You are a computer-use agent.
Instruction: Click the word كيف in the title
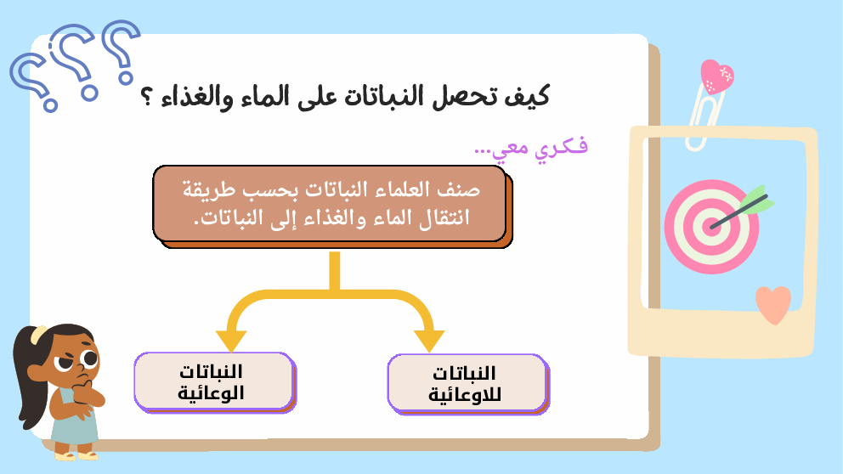tap(527, 97)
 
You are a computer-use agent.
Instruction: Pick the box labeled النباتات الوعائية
tap(214, 382)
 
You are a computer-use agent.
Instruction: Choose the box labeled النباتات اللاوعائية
tap(468, 384)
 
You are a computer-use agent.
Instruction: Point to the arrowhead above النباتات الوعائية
tap(231, 341)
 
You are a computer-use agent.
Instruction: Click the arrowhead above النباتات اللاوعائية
tap(429, 341)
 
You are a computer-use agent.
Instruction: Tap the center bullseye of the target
tap(711, 226)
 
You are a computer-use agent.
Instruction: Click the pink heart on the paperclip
tap(716, 76)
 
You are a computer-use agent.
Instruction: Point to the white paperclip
tap(704, 116)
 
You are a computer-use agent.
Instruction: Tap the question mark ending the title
tap(145, 98)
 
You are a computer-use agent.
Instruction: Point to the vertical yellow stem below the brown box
tap(335, 271)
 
